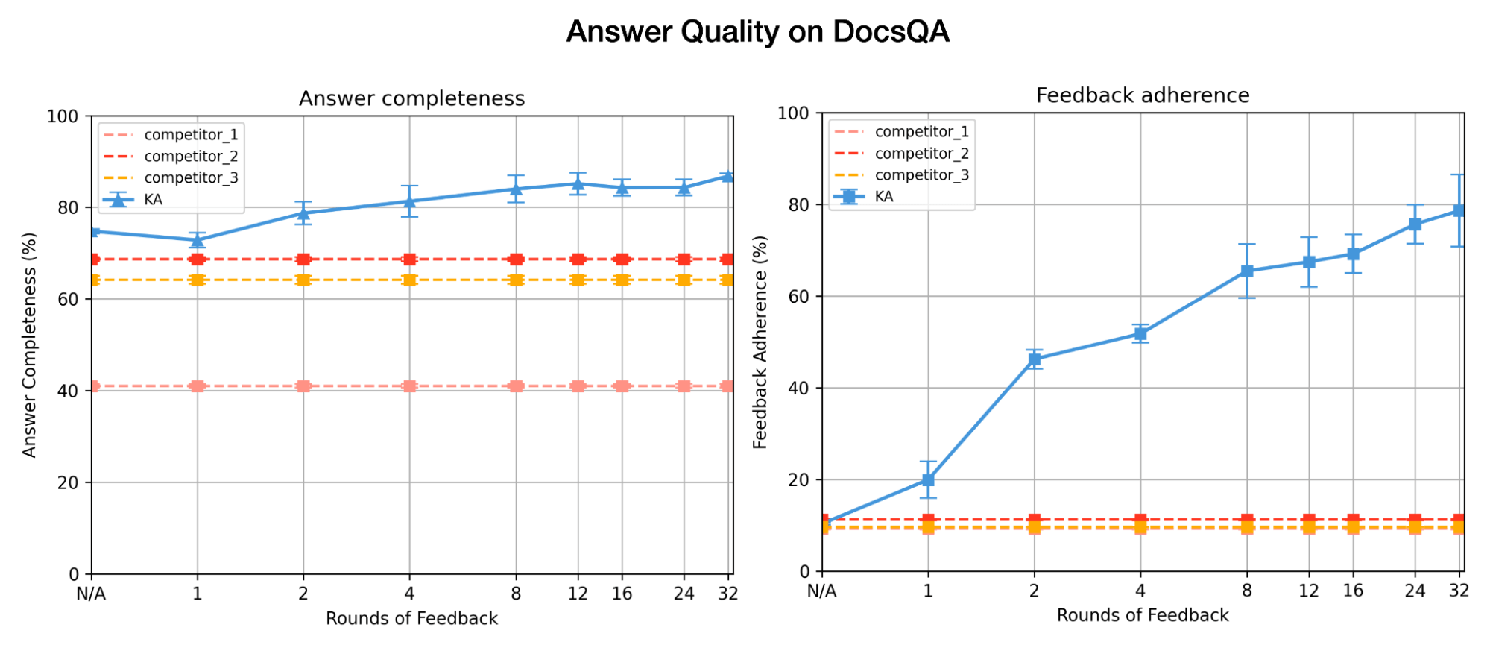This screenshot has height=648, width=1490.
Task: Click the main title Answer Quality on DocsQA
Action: click(x=757, y=32)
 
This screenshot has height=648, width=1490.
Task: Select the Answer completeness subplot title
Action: click(x=411, y=98)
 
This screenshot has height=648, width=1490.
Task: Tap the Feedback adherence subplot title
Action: click(x=1142, y=95)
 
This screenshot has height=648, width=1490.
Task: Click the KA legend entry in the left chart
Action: click(x=153, y=199)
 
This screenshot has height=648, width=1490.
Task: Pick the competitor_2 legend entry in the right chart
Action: click(x=921, y=154)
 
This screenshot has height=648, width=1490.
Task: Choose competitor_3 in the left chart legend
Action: click(x=191, y=177)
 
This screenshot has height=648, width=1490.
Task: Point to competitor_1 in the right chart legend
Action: click(x=921, y=132)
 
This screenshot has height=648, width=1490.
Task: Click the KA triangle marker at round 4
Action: click(x=409, y=201)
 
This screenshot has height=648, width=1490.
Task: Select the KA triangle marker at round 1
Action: click(x=198, y=240)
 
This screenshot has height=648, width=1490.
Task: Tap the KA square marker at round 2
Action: click(x=1034, y=359)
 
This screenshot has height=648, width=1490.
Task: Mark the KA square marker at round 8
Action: click(x=1247, y=271)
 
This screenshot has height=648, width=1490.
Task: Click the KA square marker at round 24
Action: click(x=1415, y=224)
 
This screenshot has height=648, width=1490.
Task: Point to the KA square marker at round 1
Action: click(x=928, y=480)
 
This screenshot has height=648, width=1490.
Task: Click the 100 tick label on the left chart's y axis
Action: click(x=63, y=116)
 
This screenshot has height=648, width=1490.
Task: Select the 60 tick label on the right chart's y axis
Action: click(x=799, y=297)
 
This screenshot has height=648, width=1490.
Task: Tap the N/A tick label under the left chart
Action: click(x=91, y=594)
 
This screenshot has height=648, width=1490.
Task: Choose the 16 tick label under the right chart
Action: click(x=1353, y=591)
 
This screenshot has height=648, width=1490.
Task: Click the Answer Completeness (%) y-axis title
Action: click(x=29, y=345)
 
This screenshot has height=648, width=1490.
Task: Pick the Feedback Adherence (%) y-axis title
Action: click(x=760, y=342)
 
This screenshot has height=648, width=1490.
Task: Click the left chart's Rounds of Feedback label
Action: click(x=411, y=618)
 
